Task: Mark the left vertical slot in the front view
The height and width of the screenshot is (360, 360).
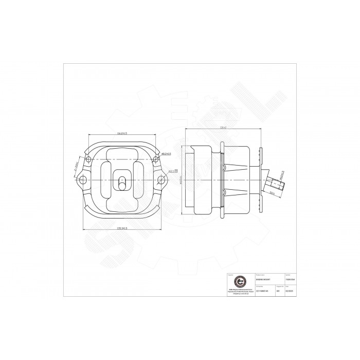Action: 105,179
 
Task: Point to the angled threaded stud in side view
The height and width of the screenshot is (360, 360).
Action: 275,184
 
